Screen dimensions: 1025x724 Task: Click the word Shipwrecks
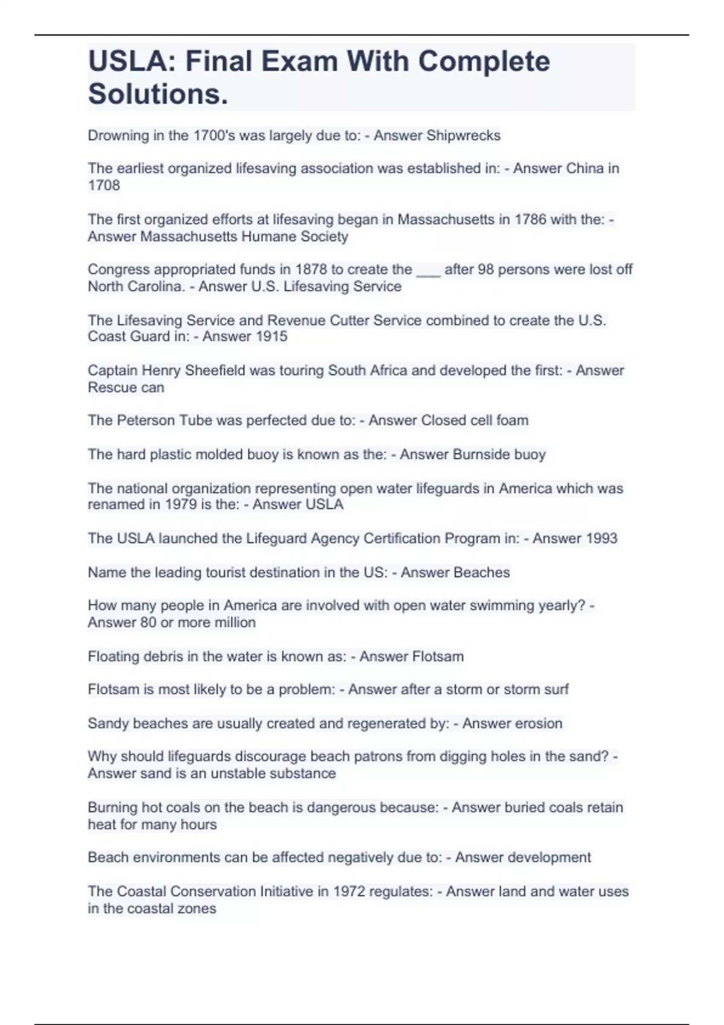point(463,136)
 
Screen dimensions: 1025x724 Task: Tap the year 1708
point(104,186)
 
